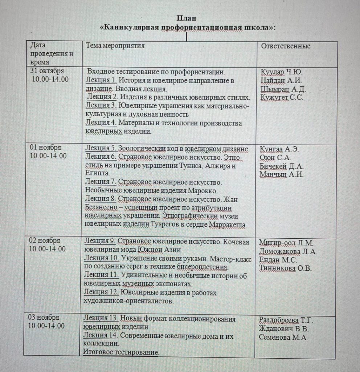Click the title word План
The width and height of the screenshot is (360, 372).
coord(186,19)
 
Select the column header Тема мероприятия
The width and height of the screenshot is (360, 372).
coord(115,46)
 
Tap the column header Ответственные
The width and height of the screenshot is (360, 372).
coord(286,46)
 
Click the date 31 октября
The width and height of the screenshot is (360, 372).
coord(47,71)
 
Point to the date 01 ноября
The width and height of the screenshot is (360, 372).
coord(45,148)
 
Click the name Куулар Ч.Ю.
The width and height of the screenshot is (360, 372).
coord(281,72)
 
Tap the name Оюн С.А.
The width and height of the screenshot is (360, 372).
coord(275,158)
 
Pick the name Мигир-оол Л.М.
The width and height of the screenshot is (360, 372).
coord(286,243)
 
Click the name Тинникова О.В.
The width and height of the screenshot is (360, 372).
coord(285,268)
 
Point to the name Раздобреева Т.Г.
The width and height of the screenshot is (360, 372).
coord(286,320)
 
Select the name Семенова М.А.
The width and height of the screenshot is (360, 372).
coord(283,337)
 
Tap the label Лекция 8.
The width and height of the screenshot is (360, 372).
coord(100,199)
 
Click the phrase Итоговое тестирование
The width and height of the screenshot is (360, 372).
coord(121,352)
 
